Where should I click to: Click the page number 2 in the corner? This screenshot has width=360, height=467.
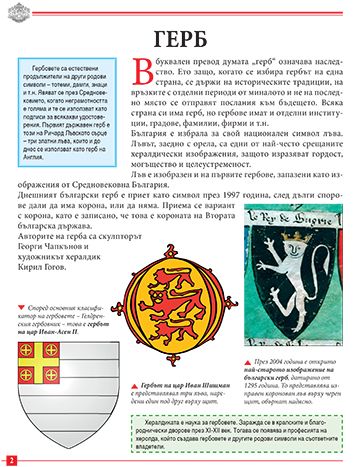9,458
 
